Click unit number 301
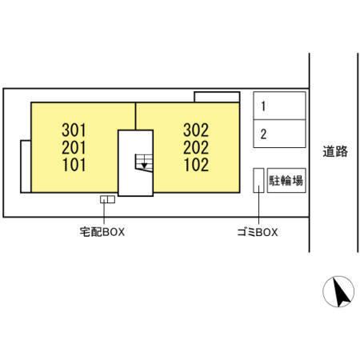pyautogui.click(x=74, y=130)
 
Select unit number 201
pyautogui.click(x=74, y=147)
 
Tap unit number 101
pyautogui.click(x=74, y=165)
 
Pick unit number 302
pyautogui.click(x=196, y=130)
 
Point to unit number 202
pyautogui.click(x=196, y=147)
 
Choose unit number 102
pyautogui.click(x=196, y=165)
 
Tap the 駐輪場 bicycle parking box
pyautogui.click(x=286, y=181)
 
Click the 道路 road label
pyautogui.click(x=335, y=151)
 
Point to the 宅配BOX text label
pyautogui.click(x=102, y=232)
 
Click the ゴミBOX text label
pyautogui.click(x=258, y=232)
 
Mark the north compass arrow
pyautogui.click(x=341, y=293)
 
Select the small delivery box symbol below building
pyautogui.click(x=107, y=199)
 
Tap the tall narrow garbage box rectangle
pyautogui.click(x=258, y=180)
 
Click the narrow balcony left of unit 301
pyautogui.click(x=26, y=166)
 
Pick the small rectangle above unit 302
pyautogui.click(x=217, y=97)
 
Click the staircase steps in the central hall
pyautogui.click(x=144, y=163)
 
